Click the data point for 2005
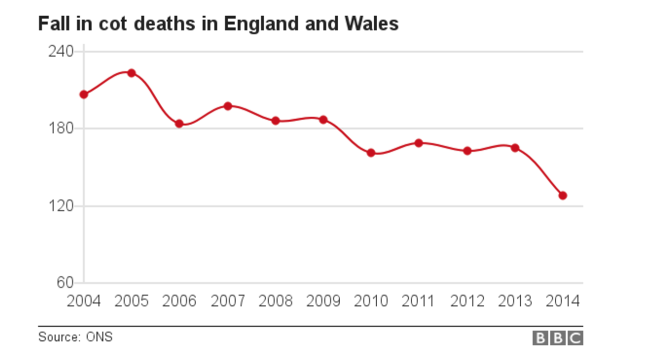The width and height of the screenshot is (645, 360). pyautogui.click(x=131, y=73)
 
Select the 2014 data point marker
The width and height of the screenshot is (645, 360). pyautogui.click(x=562, y=195)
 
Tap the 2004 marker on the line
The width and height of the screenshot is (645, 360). pyautogui.click(x=84, y=94)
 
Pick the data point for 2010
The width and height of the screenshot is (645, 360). pyautogui.click(x=371, y=153)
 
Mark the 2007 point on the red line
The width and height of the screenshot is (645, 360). pyautogui.click(x=227, y=106)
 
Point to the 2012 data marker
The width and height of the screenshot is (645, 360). pyautogui.click(x=467, y=151)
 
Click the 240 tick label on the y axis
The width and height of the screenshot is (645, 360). pyautogui.click(x=61, y=51)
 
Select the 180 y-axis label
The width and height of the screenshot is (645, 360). pyautogui.click(x=61, y=129)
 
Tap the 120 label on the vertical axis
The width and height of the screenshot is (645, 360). pyautogui.click(x=61, y=206)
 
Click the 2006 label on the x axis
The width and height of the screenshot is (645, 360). pyautogui.click(x=179, y=301)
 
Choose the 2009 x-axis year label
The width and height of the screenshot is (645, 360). pyautogui.click(x=323, y=301)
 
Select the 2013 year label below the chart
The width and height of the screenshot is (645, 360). pyautogui.click(x=515, y=301)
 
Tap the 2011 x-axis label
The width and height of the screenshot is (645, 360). pyautogui.click(x=419, y=301)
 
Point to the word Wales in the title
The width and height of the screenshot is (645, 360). pyautogui.click(x=374, y=23)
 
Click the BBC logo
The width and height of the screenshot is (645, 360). pyautogui.click(x=558, y=338)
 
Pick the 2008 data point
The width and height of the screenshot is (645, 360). pyautogui.click(x=275, y=120)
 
